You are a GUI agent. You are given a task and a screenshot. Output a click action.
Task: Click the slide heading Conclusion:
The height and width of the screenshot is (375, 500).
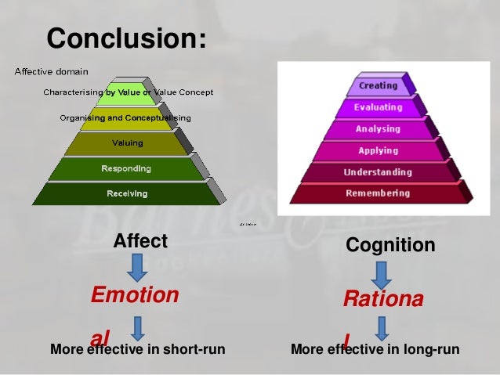tap(127, 38)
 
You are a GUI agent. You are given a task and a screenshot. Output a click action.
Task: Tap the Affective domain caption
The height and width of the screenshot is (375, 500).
tap(51, 72)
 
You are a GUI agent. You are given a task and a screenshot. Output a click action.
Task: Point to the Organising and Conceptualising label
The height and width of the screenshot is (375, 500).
tap(125, 118)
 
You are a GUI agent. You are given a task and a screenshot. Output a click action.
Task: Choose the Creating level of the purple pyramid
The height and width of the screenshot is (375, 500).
tap(378, 85)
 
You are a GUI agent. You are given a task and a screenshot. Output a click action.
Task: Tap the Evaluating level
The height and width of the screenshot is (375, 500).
tap(378, 107)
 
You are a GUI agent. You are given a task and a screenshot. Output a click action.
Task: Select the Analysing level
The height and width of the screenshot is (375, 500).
tap(378, 128)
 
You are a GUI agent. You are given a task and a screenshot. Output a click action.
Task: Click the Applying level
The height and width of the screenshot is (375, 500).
tap(378, 150)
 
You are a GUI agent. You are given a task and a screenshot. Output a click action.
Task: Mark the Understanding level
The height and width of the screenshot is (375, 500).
tap(378, 171)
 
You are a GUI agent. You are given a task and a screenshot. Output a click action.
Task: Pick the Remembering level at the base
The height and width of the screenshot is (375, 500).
tap(378, 193)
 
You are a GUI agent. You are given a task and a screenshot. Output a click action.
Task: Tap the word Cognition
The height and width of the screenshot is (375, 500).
tap(390, 245)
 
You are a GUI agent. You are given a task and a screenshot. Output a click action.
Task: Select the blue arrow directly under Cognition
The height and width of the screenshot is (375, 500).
tap(382, 273)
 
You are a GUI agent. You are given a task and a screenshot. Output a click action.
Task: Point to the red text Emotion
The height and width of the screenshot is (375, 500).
tap(135, 295)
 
